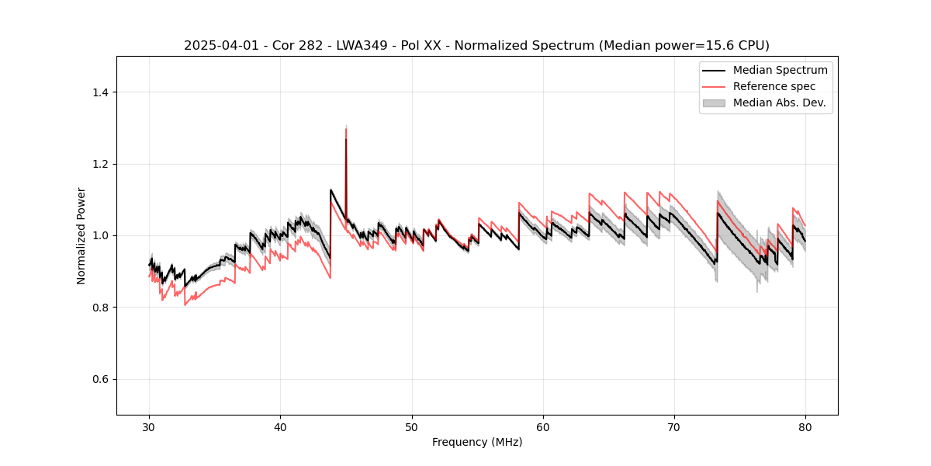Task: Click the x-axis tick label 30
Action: click(x=150, y=427)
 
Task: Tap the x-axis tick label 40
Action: click(x=281, y=427)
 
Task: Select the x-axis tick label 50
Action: click(x=412, y=427)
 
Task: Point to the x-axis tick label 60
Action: click(x=543, y=427)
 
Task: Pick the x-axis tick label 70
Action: click(x=674, y=427)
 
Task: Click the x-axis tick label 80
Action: click(x=805, y=427)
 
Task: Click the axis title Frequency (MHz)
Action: click(x=477, y=442)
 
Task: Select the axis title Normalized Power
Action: click(x=81, y=235)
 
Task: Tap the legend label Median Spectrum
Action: click(x=780, y=70)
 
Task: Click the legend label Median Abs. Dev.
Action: click(x=779, y=103)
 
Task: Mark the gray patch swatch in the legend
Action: click(x=714, y=103)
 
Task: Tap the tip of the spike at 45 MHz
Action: click(x=346, y=128)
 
